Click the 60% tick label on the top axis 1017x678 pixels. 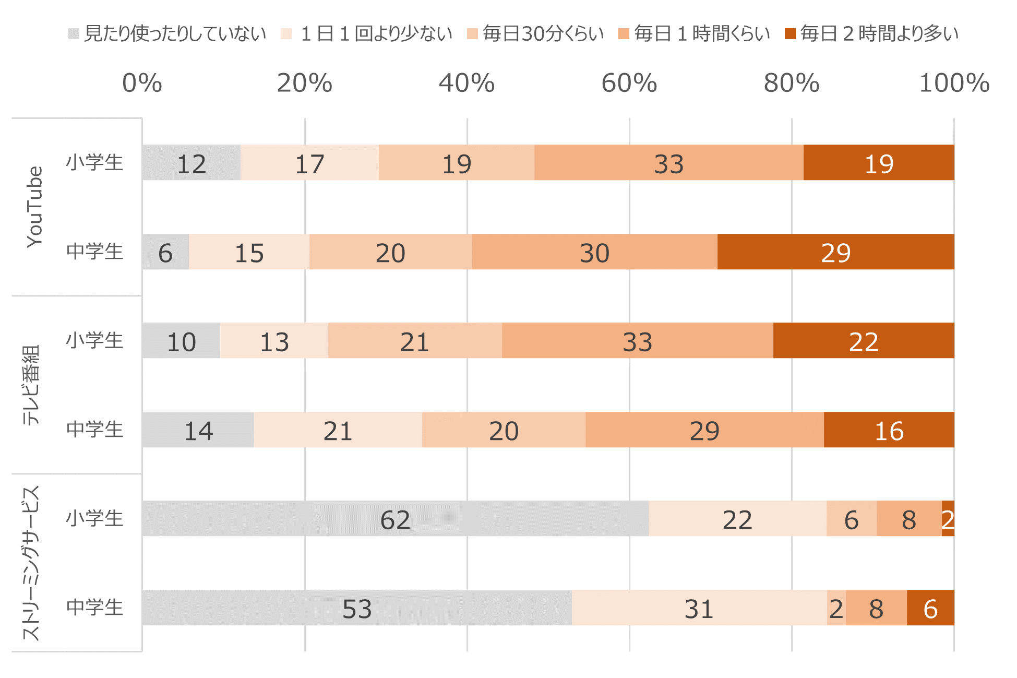point(629,83)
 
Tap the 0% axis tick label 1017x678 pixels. point(142,83)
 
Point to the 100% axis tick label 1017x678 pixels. point(954,83)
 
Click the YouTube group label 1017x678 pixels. point(34,207)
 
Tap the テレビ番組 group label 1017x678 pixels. point(31,385)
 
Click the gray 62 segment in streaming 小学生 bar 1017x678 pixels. point(395,519)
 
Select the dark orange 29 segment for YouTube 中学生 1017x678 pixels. point(835,252)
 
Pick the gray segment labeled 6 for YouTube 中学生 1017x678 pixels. point(165,252)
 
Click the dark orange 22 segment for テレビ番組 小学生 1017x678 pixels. point(864,341)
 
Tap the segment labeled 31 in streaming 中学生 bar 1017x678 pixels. point(699,608)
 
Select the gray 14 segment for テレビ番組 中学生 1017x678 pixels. point(198,430)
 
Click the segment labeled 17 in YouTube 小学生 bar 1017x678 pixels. point(309,163)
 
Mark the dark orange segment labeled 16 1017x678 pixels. point(889,430)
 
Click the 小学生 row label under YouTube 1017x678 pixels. point(94,163)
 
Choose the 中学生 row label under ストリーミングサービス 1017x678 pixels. point(94,608)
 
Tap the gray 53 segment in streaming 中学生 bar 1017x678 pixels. point(357,608)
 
